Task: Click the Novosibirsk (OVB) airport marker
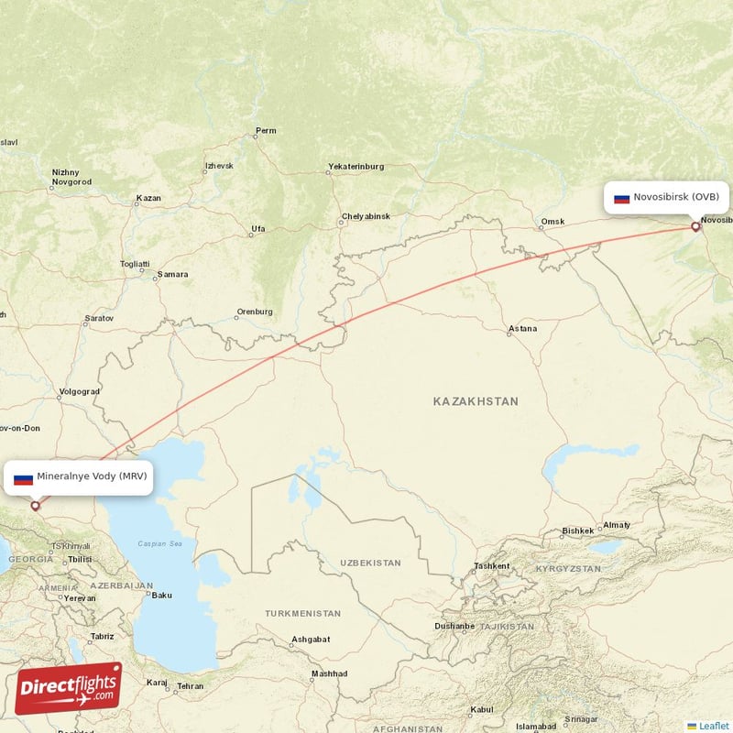(x=695, y=226)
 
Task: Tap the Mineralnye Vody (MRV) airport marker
(x=36, y=505)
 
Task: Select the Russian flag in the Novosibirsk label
(x=621, y=198)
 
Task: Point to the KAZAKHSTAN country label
(x=476, y=401)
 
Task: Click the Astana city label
(x=522, y=329)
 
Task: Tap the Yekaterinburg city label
(x=356, y=167)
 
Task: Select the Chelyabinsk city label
(x=365, y=216)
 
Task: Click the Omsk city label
(x=552, y=222)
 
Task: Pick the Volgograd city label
(x=78, y=392)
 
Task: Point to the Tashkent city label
(x=491, y=566)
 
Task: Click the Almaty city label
(x=615, y=525)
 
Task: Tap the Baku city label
(x=161, y=596)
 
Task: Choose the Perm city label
(x=266, y=131)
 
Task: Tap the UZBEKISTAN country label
(x=370, y=562)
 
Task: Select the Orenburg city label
(x=254, y=312)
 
